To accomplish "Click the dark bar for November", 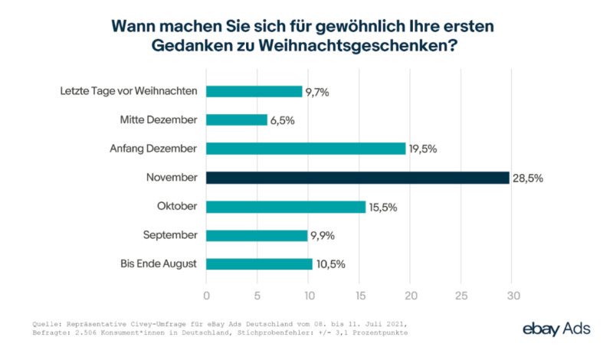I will point(358,178).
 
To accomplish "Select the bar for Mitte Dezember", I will point(237,120).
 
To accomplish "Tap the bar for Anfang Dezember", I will point(306,149).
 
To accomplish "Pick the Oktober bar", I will point(286,207).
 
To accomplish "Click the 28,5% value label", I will point(528,178).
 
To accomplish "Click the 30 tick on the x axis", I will point(513,296).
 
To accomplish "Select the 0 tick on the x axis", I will point(206,296).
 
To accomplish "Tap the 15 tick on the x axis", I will point(359,296).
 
